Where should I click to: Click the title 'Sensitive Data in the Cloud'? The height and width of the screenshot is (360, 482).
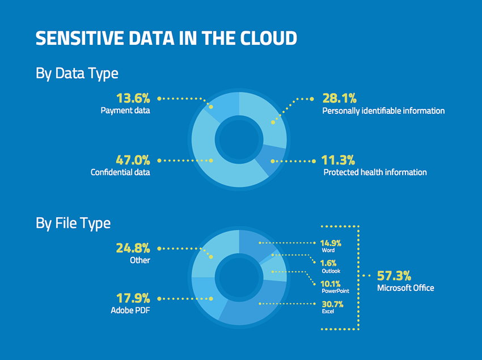[166, 38]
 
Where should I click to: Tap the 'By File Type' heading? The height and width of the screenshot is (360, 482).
[73, 223]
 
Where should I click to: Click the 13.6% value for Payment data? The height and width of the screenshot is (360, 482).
[133, 98]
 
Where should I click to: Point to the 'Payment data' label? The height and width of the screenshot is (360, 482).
[125, 111]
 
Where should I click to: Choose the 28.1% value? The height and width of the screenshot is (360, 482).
[339, 98]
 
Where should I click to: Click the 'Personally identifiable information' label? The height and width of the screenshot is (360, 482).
[383, 111]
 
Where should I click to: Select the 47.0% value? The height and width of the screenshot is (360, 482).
[133, 160]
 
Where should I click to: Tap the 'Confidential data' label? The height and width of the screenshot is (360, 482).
[120, 172]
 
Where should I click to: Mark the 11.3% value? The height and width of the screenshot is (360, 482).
[339, 160]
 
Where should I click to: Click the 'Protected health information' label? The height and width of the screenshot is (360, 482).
[375, 172]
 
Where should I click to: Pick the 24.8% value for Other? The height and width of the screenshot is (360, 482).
[133, 248]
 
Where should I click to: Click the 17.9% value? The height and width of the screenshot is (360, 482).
[133, 298]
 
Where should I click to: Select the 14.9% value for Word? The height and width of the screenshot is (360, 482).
[330, 243]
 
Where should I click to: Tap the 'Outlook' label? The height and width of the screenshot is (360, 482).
[330, 271]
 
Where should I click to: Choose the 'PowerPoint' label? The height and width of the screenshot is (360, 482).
[335, 291]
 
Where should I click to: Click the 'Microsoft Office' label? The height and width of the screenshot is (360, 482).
[405, 288]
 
